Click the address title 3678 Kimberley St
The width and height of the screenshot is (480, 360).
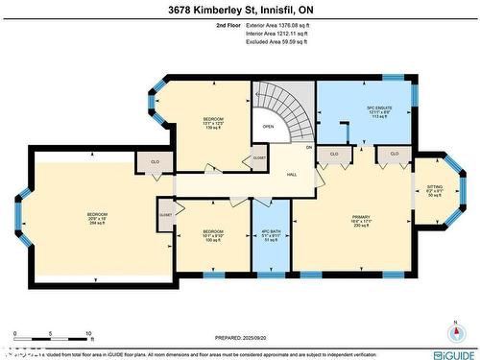tap(240, 10)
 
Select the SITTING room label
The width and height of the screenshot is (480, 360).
tap(435, 191)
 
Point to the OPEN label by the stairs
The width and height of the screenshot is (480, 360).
tap(269, 126)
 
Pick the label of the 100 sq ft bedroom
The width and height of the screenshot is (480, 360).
tap(213, 235)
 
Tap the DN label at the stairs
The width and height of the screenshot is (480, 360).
tap(309, 148)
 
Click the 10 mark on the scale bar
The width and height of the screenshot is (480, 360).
tap(89, 333)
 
